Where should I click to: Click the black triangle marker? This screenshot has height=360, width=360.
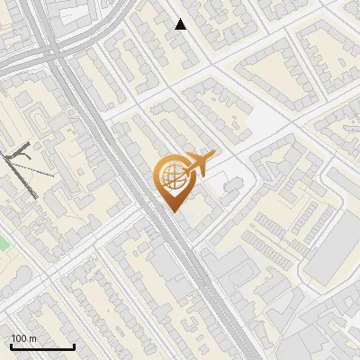pyautogui.click(x=181, y=24)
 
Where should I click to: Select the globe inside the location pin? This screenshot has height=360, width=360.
pyautogui.click(x=171, y=175)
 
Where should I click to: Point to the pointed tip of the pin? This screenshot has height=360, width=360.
pyautogui.click(x=171, y=211)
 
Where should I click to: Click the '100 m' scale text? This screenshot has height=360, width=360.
pyautogui.click(x=23, y=338)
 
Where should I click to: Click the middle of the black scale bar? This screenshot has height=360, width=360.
pyautogui.click(x=42, y=346)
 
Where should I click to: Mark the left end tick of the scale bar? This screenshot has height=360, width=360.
pyautogui.click(x=11, y=346)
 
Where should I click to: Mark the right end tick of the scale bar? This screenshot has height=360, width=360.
pyautogui.click(x=74, y=346)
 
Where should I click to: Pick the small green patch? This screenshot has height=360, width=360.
pyautogui.click(x=3, y=244)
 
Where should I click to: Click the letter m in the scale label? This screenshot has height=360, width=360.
pyautogui.click(x=32, y=338)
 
